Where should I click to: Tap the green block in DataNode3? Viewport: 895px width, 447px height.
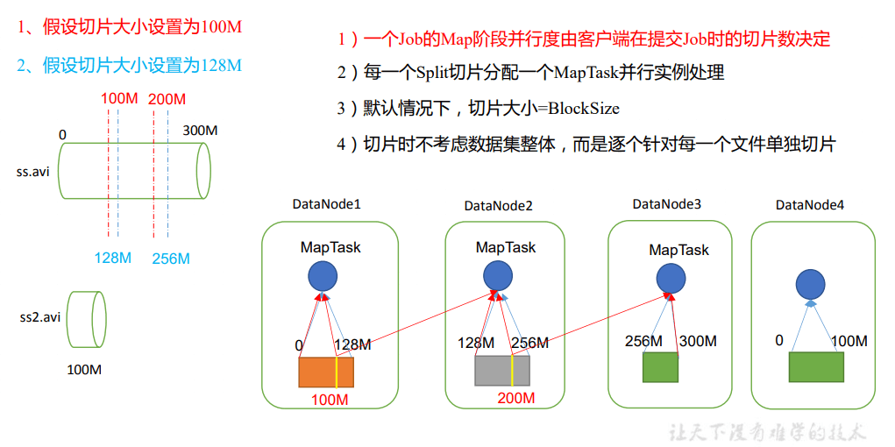click(x=660, y=367)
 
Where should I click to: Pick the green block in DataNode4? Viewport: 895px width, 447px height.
click(x=815, y=367)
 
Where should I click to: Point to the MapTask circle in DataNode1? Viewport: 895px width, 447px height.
click(x=323, y=278)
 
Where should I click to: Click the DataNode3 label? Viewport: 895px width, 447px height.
click(x=667, y=204)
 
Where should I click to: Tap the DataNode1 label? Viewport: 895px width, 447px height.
click(x=326, y=204)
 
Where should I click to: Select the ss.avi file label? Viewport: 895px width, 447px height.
click(x=33, y=171)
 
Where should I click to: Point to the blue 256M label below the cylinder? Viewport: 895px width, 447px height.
click(x=170, y=259)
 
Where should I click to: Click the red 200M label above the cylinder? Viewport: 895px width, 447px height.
click(x=167, y=99)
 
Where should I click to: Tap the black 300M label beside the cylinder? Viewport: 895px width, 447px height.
click(x=200, y=131)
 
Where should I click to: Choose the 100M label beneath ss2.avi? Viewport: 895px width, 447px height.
click(x=84, y=370)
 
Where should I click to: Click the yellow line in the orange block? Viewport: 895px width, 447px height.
click(x=335, y=372)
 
